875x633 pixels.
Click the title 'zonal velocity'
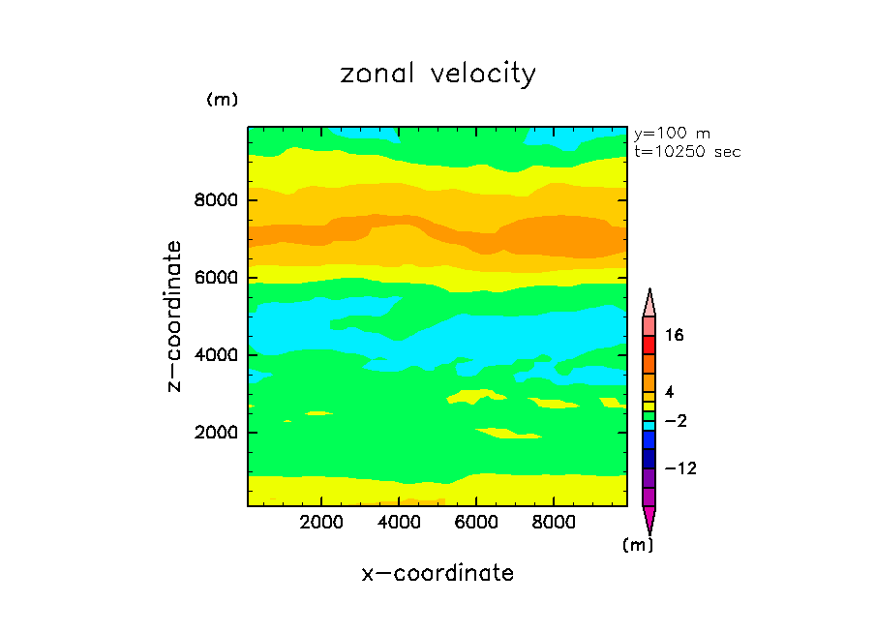(x=437, y=75)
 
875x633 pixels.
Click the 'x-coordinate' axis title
(x=437, y=573)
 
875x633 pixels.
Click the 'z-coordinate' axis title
(x=174, y=316)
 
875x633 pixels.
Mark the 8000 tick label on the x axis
(x=554, y=523)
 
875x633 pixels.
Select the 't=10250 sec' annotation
(x=687, y=152)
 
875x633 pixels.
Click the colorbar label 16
(x=675, y=336)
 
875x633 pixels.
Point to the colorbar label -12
(x=679, y=469)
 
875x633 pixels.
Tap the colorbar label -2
(x=675, y=421)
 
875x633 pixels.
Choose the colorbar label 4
(x=670, y=392)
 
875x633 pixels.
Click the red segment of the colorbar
(x=649, y=345)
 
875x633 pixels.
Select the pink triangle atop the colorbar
(x=649, y=302)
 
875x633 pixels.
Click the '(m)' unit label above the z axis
(x=222, y=100)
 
